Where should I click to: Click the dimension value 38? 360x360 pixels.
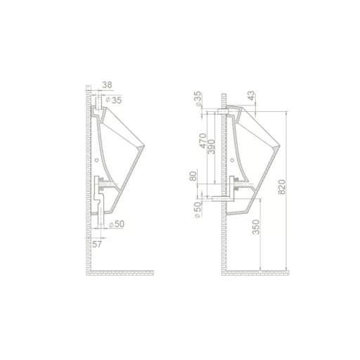[x=107, y=85]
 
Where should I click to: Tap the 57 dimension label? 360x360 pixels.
[x=97, y=244]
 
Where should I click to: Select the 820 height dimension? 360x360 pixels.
[x=282, y=187]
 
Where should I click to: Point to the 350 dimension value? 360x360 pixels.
[x=256, y=227]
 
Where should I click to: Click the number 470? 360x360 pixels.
[x=203, y=141]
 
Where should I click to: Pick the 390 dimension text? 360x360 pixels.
[x=211, y=147]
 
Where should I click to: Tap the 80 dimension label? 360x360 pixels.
[x=193, y=176]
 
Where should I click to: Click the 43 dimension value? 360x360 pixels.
[x=251, y=96]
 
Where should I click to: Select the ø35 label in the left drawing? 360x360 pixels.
[x=114, y=100]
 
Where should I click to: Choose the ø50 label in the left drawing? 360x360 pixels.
[x=117, y=224]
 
